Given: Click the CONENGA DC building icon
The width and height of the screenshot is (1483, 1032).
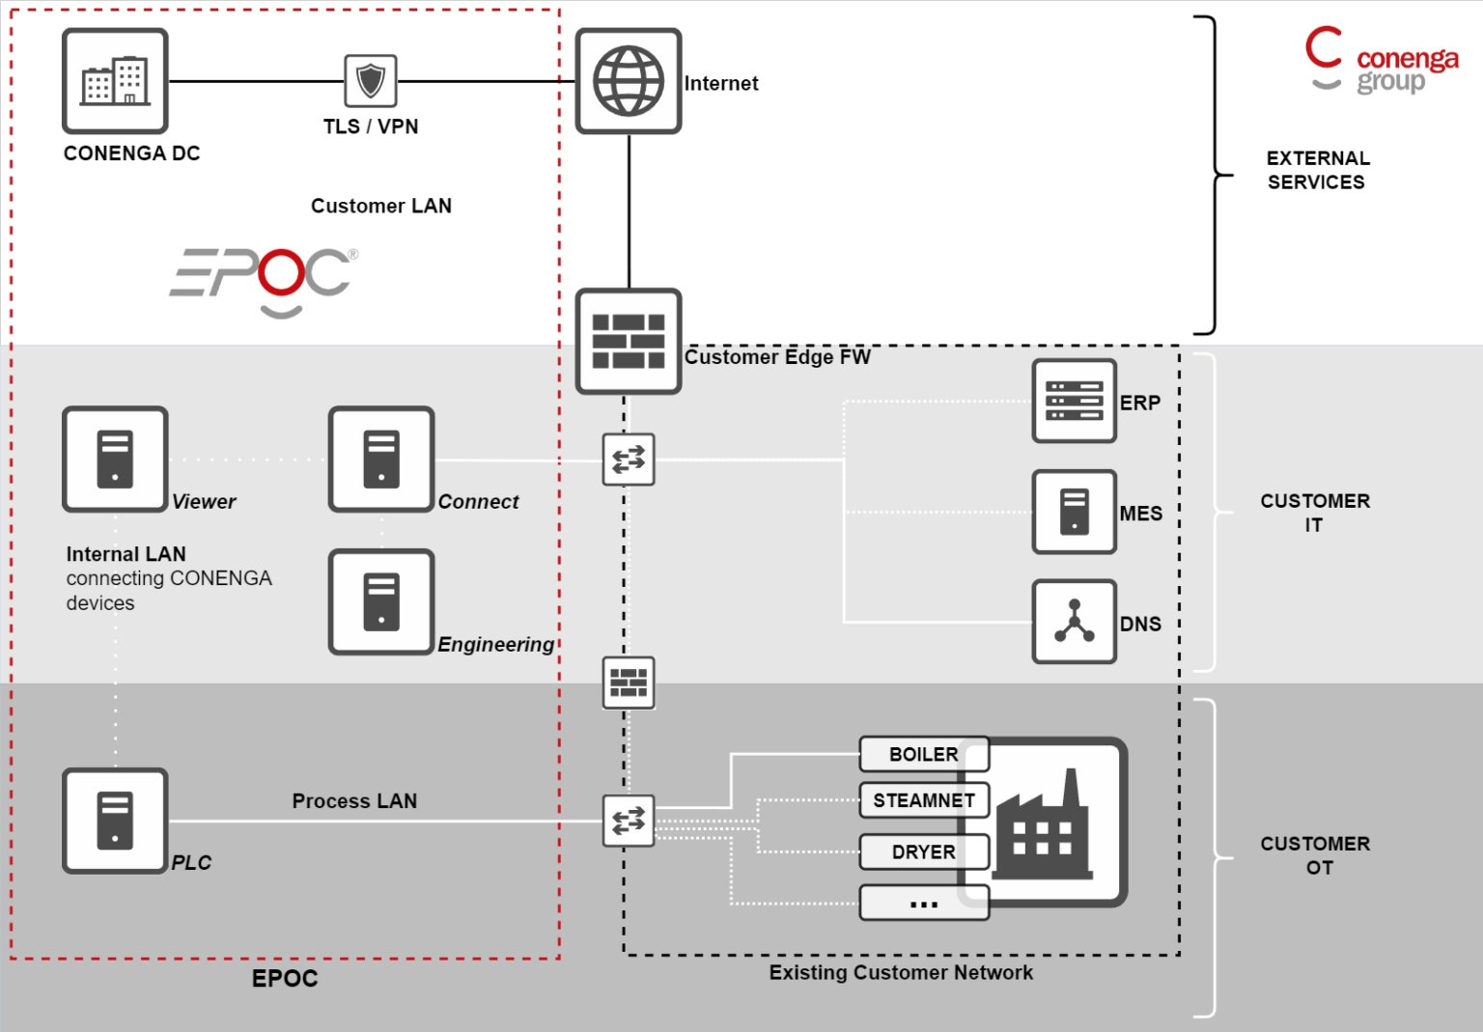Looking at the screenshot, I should click(x=115, y=81).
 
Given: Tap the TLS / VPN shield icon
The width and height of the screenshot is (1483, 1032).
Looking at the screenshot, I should click(x=371, y=81).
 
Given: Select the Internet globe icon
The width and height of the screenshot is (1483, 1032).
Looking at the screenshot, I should click(x=629, y=81).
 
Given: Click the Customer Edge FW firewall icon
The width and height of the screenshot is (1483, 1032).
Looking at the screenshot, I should click(x=629, y=341).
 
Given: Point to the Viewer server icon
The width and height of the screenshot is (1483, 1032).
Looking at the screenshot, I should click(x=115, y=460).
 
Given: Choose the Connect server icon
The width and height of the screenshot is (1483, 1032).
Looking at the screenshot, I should click(x=381, y=460).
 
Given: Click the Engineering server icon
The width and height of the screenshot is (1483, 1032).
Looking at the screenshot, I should click(x=381, y=602).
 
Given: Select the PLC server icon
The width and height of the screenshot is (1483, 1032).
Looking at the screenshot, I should click(x=115, y=821).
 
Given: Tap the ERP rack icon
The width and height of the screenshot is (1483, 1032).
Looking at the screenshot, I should click(x=1074, y=402).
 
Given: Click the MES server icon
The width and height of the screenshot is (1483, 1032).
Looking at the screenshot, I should click(x=1074, y=512).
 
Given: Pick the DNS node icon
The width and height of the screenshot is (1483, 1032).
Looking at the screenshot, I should click(x=1074, y=622).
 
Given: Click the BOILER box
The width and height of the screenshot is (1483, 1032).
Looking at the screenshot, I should click(x=923, y=754).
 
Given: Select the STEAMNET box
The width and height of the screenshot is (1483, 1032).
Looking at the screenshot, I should click(x=923, y=800).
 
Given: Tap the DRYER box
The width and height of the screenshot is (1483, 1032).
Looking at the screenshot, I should click(x=923, y=851).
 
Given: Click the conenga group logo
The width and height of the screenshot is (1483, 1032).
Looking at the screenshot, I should click(x=1381, y=61).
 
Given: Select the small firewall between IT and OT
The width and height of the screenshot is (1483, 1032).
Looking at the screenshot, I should click(x=629, y=683).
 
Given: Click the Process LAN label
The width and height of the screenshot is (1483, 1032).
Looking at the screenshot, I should click(x=354, y=801).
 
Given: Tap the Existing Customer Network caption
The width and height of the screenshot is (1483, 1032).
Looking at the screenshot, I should click(x=900, y=972).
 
